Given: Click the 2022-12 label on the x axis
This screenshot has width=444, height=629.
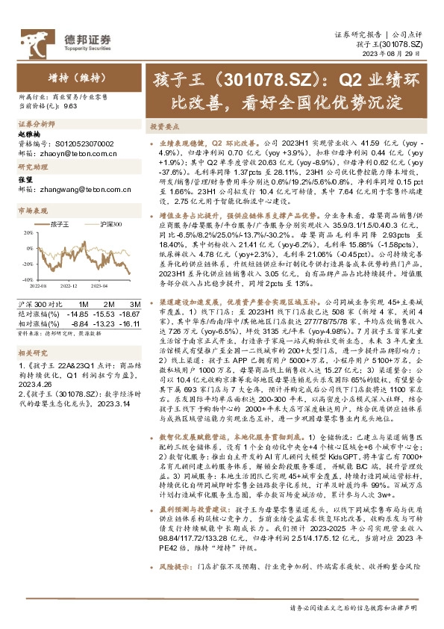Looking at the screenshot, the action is point(70,285).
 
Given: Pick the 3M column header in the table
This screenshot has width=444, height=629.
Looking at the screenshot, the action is point(135,304).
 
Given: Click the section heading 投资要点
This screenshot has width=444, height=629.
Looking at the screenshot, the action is point(162,126).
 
